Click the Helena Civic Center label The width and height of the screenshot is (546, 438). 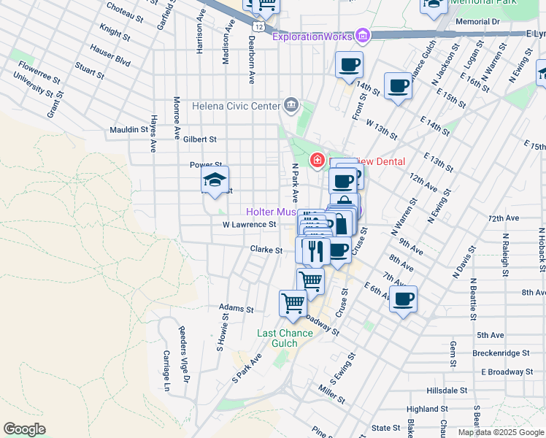[236, 106]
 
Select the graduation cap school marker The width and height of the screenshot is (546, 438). [214, 181]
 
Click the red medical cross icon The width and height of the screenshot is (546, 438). [318, 160]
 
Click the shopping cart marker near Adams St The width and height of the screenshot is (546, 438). [293, 302]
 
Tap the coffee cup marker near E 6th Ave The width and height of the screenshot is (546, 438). [403, 298]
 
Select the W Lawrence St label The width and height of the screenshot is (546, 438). [250, 225]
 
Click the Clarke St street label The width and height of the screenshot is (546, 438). [266, 250]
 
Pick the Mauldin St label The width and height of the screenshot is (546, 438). [128, 130]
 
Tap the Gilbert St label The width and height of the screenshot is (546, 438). [201, 139]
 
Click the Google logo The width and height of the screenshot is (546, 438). [25, 429]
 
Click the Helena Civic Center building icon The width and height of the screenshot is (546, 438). [291, 105]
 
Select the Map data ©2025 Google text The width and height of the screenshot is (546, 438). [500, 432]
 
